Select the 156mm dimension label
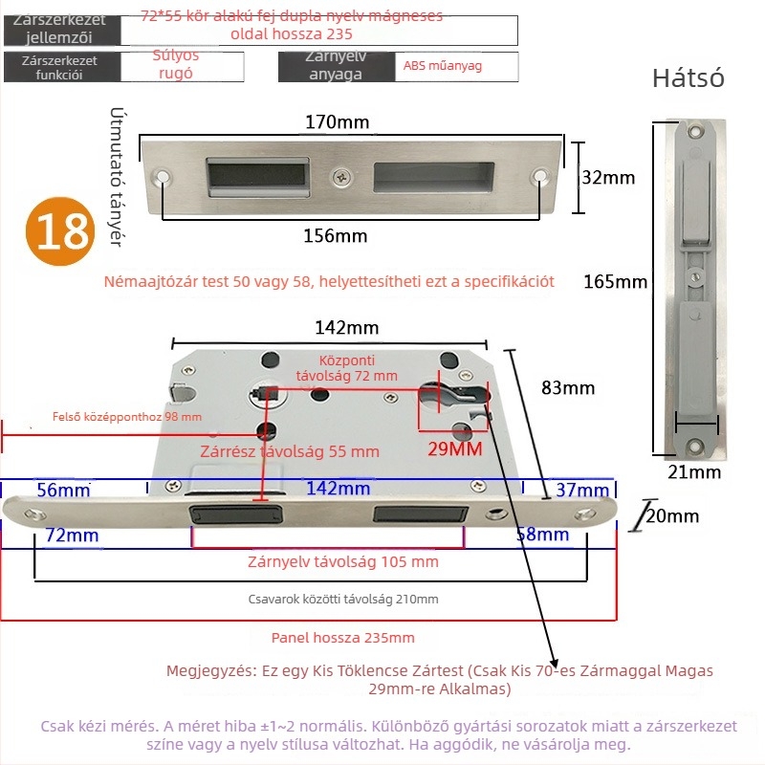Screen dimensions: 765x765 point(336,236)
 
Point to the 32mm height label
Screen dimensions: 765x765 point(608,177)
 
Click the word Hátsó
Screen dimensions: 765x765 point(688,78)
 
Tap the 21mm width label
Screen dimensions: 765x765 point(693,470)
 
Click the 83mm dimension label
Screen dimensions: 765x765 point(568,387)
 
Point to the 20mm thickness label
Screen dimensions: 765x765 point(671,516)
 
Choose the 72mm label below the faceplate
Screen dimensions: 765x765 point(74,535)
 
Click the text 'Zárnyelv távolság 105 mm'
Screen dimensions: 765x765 point(342,561)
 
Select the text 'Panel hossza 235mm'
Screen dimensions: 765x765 point(342,638)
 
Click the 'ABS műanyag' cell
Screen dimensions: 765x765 point(443,66)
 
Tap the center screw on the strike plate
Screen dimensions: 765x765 point(340,176)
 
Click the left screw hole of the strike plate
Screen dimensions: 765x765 point(162,177)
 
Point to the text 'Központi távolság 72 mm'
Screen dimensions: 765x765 point(346,368)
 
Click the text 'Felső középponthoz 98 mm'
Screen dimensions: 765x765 point(127,416)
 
